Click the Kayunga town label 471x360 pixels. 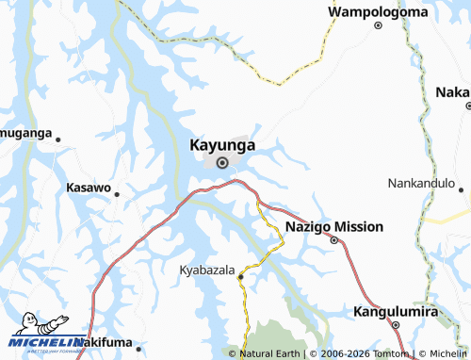(223, 145)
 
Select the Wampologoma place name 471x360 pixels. (378, 11)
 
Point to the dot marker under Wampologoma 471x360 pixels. (378, 25)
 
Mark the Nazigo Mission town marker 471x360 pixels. (333, 240)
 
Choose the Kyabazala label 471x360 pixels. (206, 270)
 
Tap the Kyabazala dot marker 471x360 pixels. (241, 277)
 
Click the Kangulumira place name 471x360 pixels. (397, 310)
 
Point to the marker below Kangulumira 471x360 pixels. (397, 325)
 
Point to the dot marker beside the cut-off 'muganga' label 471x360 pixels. (58, 139)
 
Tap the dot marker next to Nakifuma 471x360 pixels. (137, 345)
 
